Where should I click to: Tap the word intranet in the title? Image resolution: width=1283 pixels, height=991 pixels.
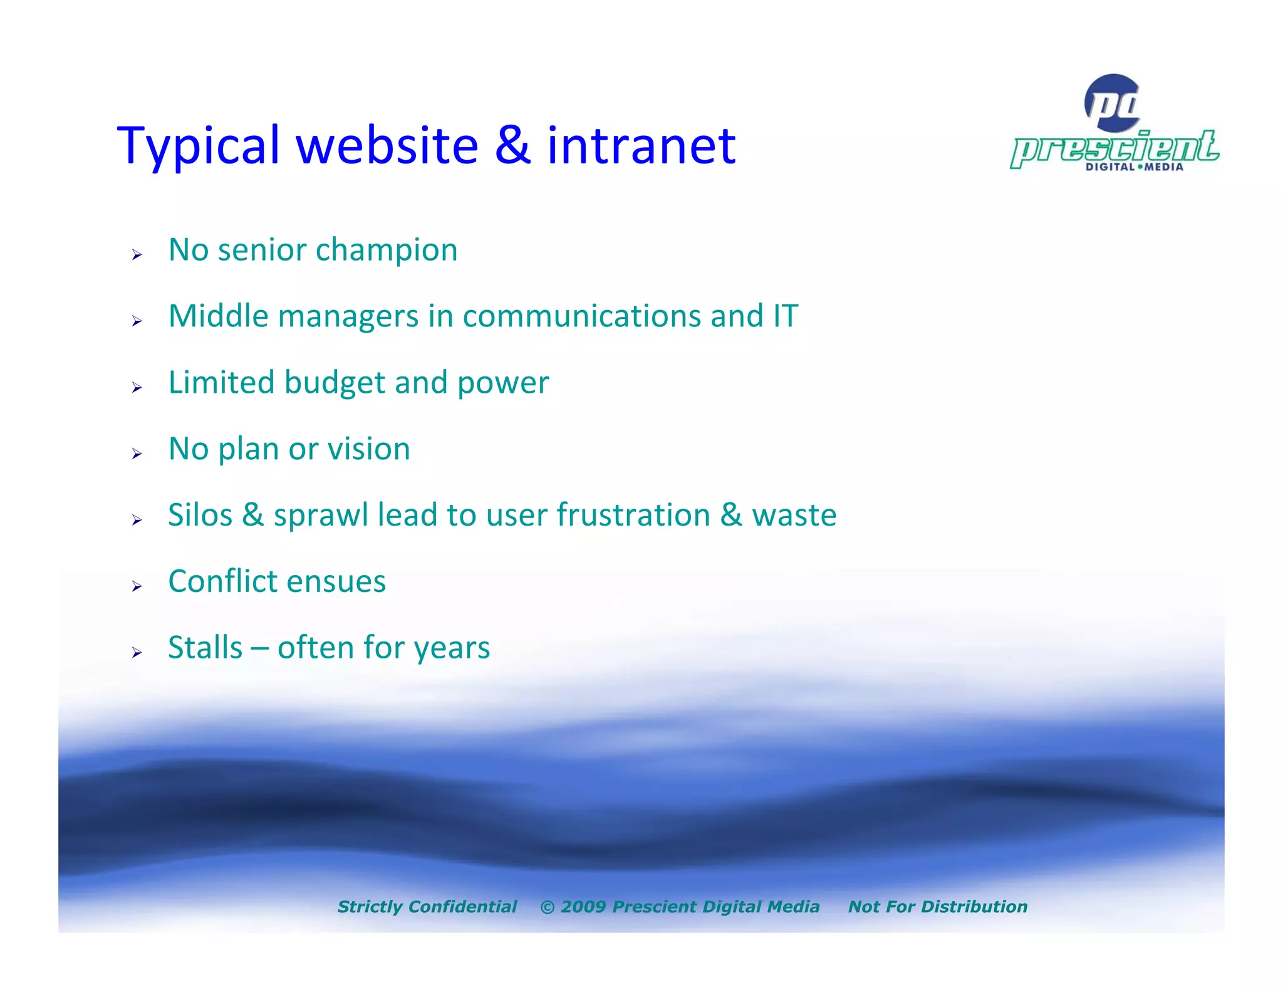click(641, 146)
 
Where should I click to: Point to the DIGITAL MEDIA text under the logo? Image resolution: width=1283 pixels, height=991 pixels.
click(1134, 167)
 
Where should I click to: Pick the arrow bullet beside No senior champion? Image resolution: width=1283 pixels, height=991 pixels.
click(137, 254)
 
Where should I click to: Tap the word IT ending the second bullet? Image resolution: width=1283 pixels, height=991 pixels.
click(785, 316)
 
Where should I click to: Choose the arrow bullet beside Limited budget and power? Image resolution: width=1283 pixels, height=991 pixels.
click(137, 388)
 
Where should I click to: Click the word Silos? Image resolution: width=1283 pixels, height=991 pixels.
click(200, 516)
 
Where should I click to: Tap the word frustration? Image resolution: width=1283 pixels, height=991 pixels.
click(633, 516)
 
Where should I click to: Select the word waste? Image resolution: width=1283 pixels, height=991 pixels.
click(794, 516)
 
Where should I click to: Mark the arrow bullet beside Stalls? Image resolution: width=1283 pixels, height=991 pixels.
click(137, 653)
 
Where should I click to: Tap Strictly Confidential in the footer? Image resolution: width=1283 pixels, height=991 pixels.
click(427, 906)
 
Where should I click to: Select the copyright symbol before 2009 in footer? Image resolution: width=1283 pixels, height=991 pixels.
click(547, 907)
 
